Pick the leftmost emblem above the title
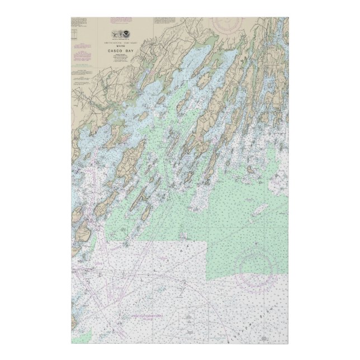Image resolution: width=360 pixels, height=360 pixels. click(114, 35)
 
